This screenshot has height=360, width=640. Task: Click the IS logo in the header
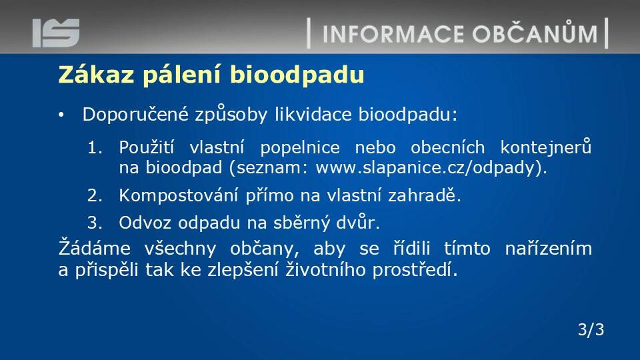point(56,33)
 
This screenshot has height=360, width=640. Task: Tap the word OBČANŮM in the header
point(535,33)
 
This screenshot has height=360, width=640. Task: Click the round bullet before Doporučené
point(61,115)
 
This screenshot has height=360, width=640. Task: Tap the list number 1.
point(95,147)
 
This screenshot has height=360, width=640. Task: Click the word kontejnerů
point(546,147)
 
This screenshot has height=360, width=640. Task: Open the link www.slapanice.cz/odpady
point(425,168)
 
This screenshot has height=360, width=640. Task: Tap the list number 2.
point(95,196)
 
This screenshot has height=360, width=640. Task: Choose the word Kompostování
point(179,196)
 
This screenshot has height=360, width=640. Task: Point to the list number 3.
point(95,223)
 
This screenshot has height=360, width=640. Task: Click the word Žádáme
point(94,248)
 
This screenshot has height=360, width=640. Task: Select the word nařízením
point(548,249)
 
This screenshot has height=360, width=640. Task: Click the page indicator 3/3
point(591,329)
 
